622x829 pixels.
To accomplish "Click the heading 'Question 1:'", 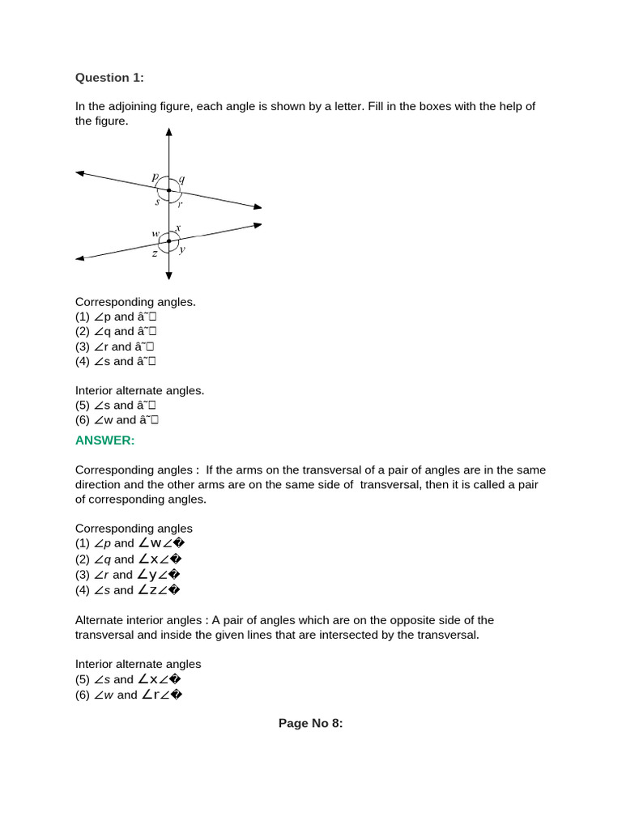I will coord(109,78).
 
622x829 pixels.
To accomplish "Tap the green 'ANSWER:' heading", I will coord(104,440).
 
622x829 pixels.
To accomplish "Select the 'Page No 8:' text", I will coord(311,724).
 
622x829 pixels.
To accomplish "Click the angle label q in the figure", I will coord(181,179).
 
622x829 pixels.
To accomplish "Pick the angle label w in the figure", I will coord(155,234).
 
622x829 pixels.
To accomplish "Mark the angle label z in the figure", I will coord(154,253).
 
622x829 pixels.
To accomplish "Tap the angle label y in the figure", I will coord(182,250).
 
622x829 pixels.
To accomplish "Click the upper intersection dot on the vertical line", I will coord(168,191).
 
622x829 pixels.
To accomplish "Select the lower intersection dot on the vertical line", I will coord(168,240).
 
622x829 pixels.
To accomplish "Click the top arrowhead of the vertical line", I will coord(168,132).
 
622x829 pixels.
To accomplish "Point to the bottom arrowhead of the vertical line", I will coord(168,276).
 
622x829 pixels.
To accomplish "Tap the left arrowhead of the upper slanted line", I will coord(80,172).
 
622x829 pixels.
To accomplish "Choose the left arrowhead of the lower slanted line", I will coord(80,258).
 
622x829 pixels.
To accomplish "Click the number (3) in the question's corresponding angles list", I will coord(83,346).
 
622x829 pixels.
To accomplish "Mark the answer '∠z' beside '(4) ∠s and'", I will coord(147,590).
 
